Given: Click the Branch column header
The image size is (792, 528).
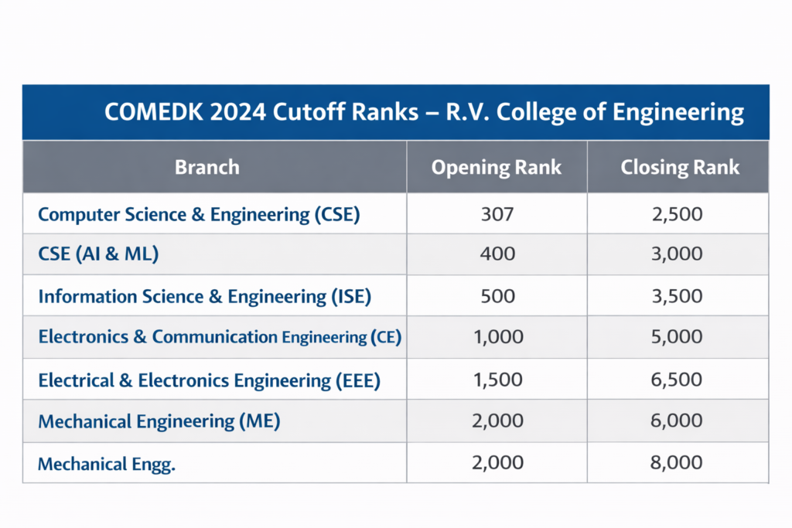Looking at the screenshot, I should click(x=207, y=167).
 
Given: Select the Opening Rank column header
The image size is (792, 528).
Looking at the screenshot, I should click(x=497, y=167).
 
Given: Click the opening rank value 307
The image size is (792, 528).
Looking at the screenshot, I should click(x=497, y=214).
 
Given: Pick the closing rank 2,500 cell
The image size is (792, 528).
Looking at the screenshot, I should click(x=678, y=214).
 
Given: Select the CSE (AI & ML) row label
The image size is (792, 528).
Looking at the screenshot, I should click(x=98, y=255).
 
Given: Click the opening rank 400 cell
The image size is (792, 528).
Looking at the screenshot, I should click(x=497, y=255).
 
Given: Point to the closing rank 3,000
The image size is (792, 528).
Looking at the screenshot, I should click(x=678, y=255).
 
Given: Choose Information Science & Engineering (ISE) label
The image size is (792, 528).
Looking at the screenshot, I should click(x=205, y=296).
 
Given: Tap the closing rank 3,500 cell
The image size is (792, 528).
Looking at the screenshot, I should click(x=678, y=296).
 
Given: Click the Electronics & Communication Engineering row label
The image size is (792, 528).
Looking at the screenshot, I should click(x=220, y=337).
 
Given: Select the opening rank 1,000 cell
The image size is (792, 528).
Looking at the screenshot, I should click(x=497, y=337).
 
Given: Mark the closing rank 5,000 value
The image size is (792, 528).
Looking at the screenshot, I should click(x=678, y=337).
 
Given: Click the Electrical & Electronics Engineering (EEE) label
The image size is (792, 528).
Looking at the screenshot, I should click(x=209, y=380).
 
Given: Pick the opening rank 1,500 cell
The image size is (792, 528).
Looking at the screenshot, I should click(x=497, y=380).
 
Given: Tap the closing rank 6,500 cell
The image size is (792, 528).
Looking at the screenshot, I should click(x=678, y=380).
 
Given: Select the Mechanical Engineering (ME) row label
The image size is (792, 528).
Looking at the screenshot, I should click(x=159, y=421).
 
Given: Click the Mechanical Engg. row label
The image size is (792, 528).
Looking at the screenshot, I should click(x=107, y=464).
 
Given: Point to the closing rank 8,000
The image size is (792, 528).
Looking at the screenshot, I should click(x=678, y=463).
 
